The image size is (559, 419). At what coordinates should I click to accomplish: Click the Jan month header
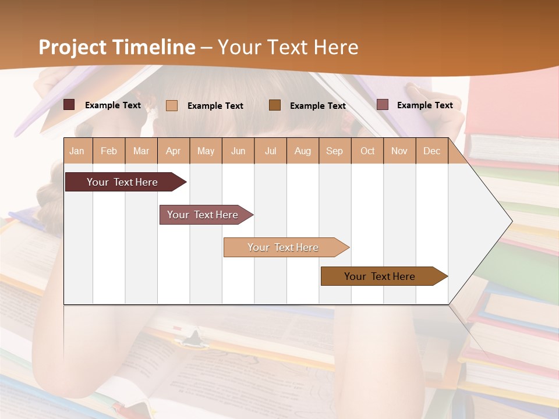tap(77, 151)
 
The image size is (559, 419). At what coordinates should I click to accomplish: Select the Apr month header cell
tap(173, 151)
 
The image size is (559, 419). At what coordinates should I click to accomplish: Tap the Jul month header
tap(270, 151)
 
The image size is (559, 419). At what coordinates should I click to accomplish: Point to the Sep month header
tap(334, 151)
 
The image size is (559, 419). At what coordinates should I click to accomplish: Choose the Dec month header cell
tap(431, 151)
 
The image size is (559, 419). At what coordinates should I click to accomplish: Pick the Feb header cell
tap(109, 151)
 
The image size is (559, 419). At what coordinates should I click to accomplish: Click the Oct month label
tap(367, 151)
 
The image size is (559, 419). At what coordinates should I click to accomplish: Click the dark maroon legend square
tap(69, 105)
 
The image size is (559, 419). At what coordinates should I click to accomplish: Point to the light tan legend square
tap(172, 105)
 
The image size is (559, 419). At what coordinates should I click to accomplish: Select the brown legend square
tap(275, 105)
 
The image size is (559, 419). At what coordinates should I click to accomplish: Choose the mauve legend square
tap(382, 105)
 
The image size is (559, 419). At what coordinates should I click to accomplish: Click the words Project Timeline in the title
tap(117, 47)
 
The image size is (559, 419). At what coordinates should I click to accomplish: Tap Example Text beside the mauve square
tap(424, 105)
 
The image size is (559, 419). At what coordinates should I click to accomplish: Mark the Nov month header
tap(399, 151)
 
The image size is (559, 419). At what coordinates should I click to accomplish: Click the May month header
tap(206, 151)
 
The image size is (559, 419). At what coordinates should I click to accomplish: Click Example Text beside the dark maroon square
tap(113, 105)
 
